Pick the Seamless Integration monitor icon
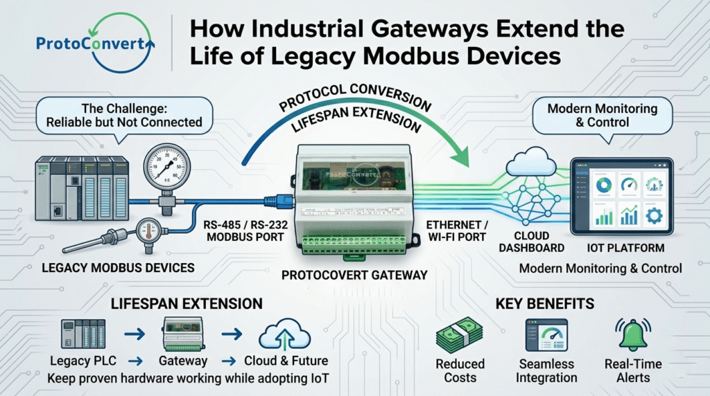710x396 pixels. [x=546, y=334]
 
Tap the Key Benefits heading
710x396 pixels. [x=546, y=303]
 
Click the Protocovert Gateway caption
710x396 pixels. [x=353, y=275]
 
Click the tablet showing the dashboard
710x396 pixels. [x=622, y=197]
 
